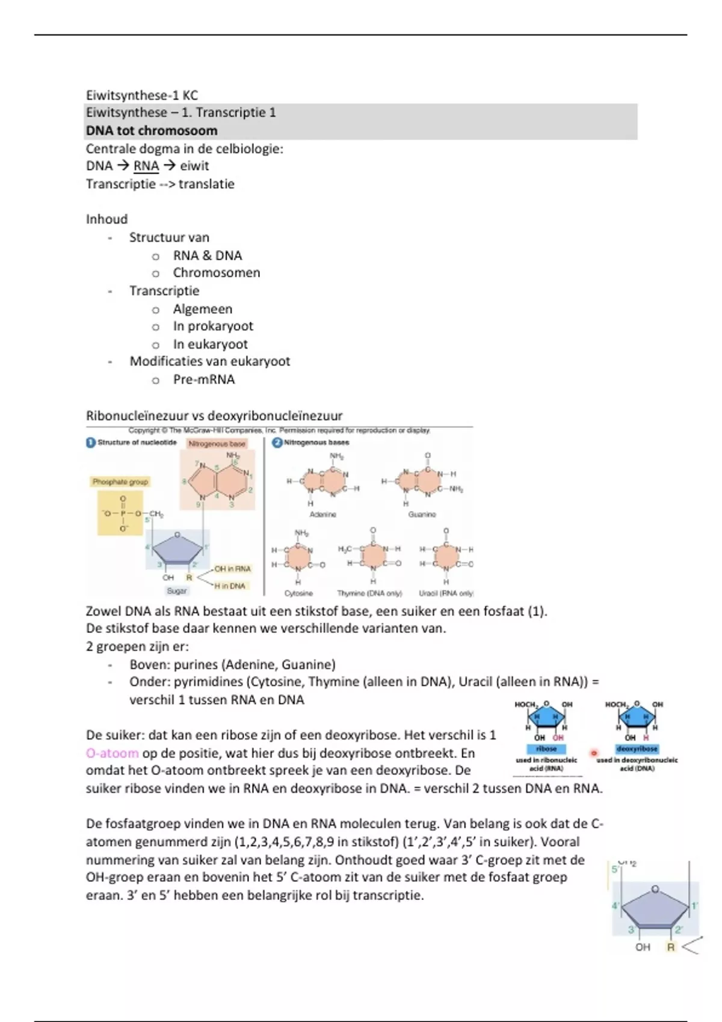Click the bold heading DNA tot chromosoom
tap(152, 130)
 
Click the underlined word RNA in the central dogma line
tap(146, 166)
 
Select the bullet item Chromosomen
tap(217, 273)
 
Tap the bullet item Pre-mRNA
tap(204, 379)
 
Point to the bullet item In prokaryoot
tap(213, 326)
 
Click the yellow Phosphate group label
tap(120, 482)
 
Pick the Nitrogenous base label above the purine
tap(217, 444)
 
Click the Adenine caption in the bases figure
tap(323, 515)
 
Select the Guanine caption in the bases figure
tap(422, 515)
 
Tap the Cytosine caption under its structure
tap(298, 593)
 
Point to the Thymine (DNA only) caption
tap(369, 593)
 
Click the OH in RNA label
tap(233, 569)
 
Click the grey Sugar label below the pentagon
tap(177, 591)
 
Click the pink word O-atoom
tap(113, 753)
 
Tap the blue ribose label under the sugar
tap(546, 749)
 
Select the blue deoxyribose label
tap(637, 749)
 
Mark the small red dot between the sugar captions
tap(594, 753)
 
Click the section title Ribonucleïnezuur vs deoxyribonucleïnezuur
tap(214, 416)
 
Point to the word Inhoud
tap(107, 219)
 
